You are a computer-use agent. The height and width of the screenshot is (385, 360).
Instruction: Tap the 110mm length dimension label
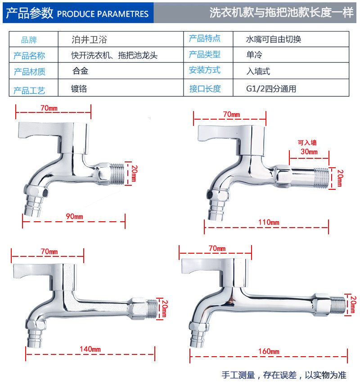point(269,222)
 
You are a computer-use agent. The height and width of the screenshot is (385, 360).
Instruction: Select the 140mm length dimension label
point(90,349)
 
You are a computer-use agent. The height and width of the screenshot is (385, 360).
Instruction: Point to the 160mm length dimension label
point(269,351)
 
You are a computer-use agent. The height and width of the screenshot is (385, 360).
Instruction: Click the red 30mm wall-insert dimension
point(309,152)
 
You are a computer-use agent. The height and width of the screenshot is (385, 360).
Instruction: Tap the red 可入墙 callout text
point(307,143)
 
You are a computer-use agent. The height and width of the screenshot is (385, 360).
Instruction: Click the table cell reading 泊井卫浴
point(89,39)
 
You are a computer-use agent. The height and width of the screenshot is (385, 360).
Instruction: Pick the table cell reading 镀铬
point(79,89)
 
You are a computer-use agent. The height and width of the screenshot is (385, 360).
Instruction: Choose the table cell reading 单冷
point(254,55)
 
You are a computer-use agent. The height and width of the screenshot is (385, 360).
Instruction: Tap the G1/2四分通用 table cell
point(271,89)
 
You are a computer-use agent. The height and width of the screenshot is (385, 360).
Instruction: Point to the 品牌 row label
point(29,40)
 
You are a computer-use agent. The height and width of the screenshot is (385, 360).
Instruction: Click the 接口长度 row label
point(205,89)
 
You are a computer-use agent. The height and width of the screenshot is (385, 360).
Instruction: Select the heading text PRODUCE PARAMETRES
point(103,14)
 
